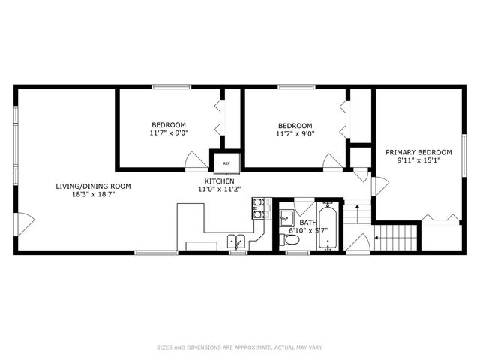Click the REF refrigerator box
coord(226,163)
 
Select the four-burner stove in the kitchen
coord(260,208)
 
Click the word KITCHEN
coord(220,181)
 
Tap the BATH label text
coord(308,223)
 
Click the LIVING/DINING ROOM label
coord(93,186)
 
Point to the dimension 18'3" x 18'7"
coord(93,194)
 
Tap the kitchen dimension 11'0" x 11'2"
coord(220,190)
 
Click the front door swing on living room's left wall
coord(25,221)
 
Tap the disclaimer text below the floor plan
coord(240,346)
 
